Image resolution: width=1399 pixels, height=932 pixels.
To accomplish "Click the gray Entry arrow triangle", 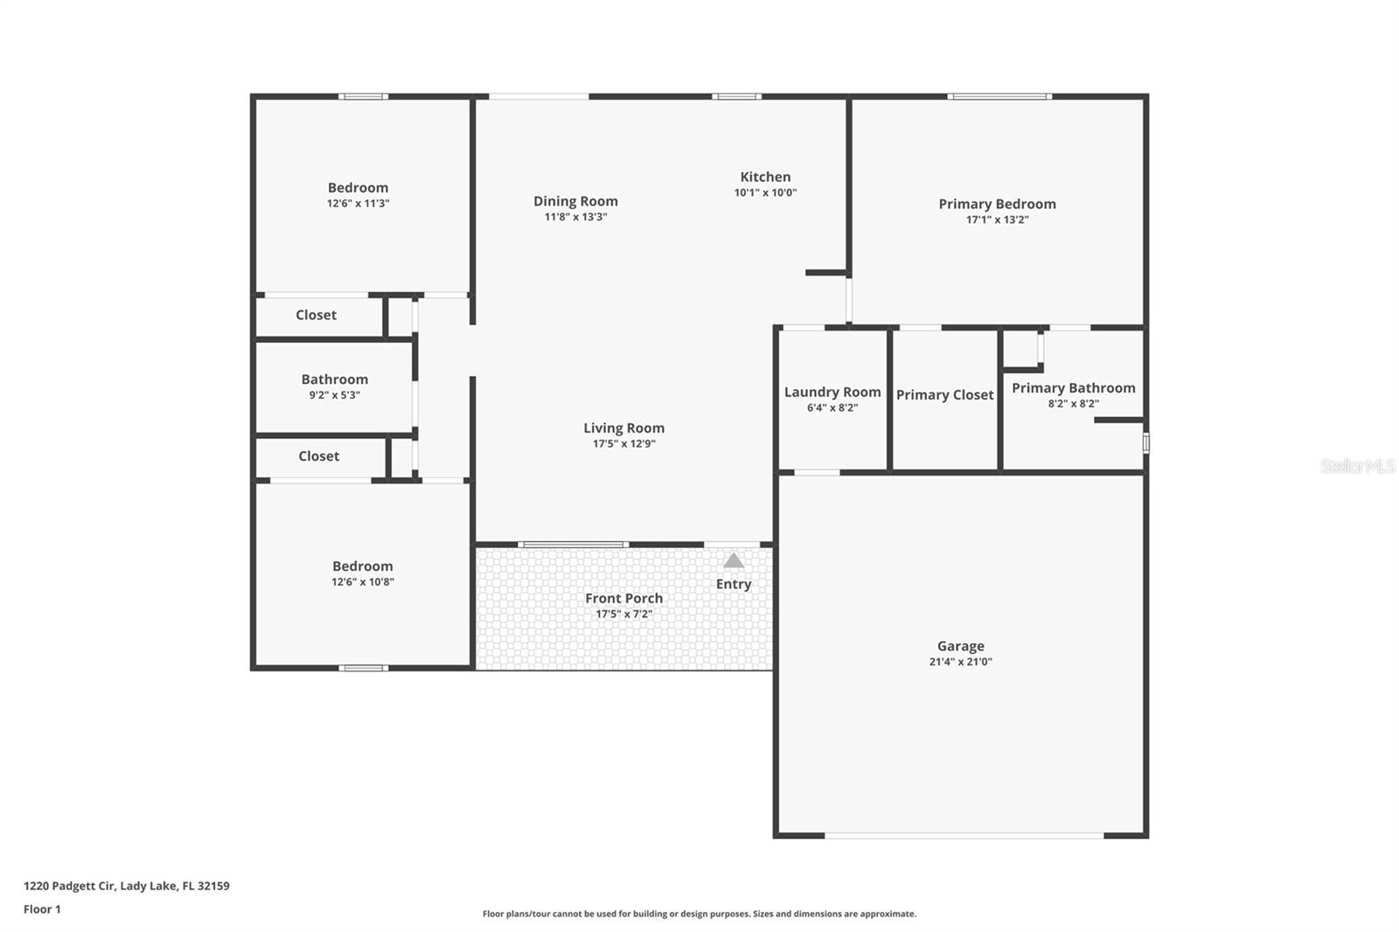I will [x=734, y=560].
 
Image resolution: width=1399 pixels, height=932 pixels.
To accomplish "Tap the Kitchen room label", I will [x=765, y=177].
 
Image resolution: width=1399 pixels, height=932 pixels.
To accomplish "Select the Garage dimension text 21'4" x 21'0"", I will [x=960, y=662].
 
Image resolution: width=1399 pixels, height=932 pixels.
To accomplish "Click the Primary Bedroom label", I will [x=997, y=204].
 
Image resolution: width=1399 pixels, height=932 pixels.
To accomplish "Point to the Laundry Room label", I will [x=832, y=392].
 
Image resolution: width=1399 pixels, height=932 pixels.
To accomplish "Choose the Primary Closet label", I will [x=944, y=394].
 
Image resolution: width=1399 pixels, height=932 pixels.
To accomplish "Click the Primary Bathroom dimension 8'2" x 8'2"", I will [x=1073, y=404].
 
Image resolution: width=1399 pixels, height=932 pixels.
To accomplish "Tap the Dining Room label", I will [x=575, y=201].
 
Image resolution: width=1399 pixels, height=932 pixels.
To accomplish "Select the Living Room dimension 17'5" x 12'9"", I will [x=623, y=443].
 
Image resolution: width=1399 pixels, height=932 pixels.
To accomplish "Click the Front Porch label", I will [x=623, y=598].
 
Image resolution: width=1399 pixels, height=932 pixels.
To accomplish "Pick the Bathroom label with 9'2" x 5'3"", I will [x=334, y=379].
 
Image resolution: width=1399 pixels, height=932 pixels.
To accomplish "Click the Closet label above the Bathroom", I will [x=316, y=315].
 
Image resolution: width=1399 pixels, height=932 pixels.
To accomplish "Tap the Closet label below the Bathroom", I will [x=318, y=456].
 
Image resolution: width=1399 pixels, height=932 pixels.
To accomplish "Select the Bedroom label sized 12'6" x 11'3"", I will [x=358, y=188].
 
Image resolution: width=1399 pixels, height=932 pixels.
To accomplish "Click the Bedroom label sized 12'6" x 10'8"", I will [x=362, y=567].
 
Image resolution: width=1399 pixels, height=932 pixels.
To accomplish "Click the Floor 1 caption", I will [x=42, y=909].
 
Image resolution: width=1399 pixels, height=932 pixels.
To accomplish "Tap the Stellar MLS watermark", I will [x=1357, y=466].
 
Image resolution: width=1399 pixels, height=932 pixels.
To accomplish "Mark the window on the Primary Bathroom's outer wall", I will [x=1145, y=443].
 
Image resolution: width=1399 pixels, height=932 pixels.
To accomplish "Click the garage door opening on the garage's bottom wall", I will [x=964, y=836].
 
